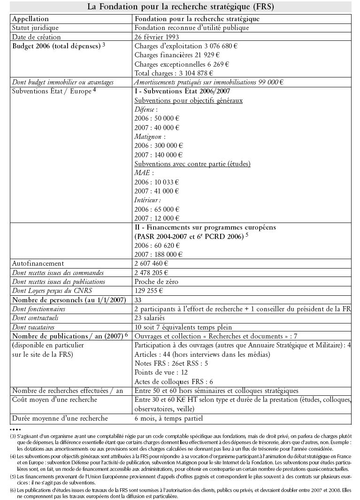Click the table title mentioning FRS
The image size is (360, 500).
click(x=180, y=7)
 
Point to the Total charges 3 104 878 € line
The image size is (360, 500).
click(x=174, y=73)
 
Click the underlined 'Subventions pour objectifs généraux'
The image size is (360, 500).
click(x=188, y=100)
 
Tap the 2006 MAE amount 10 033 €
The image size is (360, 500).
click(x=157, y=182)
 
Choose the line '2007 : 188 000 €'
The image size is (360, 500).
click(x=159, y=254)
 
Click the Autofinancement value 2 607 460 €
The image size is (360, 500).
click(x=154, y=263)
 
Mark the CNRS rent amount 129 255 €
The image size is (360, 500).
click(x=149, y=291)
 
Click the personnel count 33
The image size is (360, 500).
click(x=138, y=300)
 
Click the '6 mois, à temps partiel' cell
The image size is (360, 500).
click(x=169, y=418)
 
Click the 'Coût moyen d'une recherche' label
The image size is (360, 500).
click(x=54, y=400)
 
